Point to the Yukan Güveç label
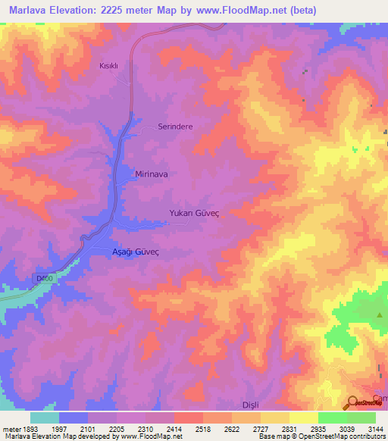[194, 214]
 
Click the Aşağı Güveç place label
[127, 252]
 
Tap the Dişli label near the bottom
[249, 405]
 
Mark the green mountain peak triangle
[380, 314]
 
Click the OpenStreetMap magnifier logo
[353, 402]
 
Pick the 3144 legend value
[375, 428]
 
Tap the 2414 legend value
[174, 428]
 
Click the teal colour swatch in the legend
[45, 418]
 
